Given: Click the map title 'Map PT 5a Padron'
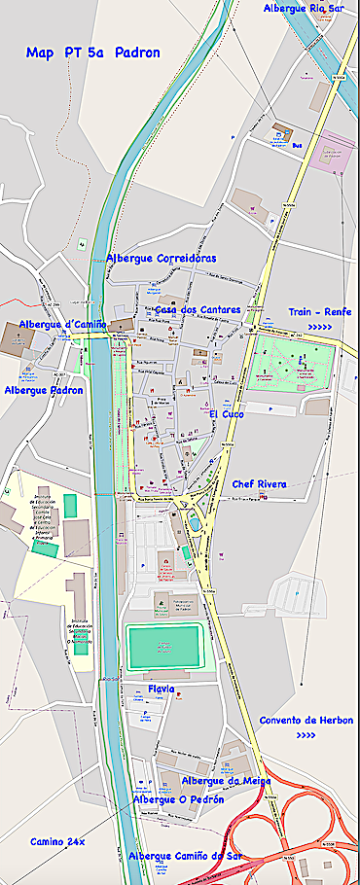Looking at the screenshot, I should click(x=93, y=53).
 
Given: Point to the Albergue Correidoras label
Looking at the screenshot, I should click(x=161, y=259).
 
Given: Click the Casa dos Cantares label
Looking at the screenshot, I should click(x=198, y=310).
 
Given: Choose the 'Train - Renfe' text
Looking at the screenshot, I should click(x=319, y=312).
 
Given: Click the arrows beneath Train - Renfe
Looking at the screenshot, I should click(x=319, y=328).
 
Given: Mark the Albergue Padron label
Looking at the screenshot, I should click(x=44, y=390).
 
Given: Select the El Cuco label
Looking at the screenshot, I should click(x=226, y=414).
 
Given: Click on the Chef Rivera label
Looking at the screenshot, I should click(x=259, y=483).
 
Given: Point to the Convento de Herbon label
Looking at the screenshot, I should click(x=306, y=720).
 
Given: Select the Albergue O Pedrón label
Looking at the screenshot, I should click(x=178, y=799).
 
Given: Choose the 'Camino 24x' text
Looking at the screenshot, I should click(x=57, y=841).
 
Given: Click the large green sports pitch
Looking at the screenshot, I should click(x=162, y=646).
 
